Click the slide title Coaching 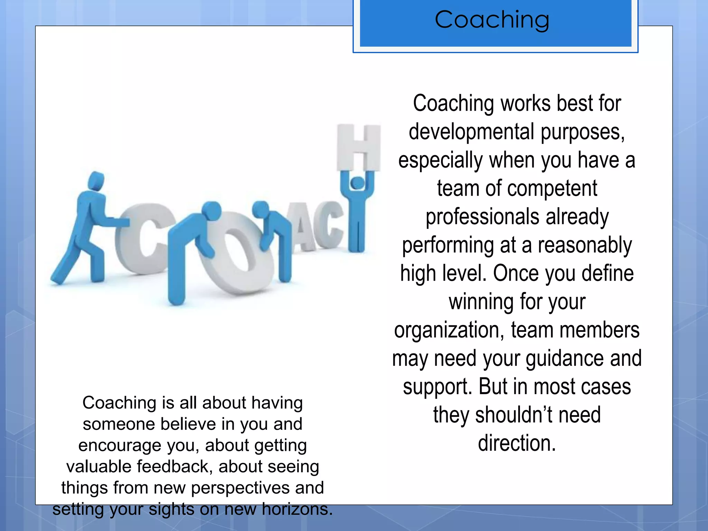click(x=492, y=20)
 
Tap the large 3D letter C click(x=138, y=239)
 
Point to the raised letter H click(x=359, y=147)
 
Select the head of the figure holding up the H click(x=357, y=182)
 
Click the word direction click(x=517, y=443)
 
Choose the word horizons click(x=297, y=509)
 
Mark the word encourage click(x=120, y=445)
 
